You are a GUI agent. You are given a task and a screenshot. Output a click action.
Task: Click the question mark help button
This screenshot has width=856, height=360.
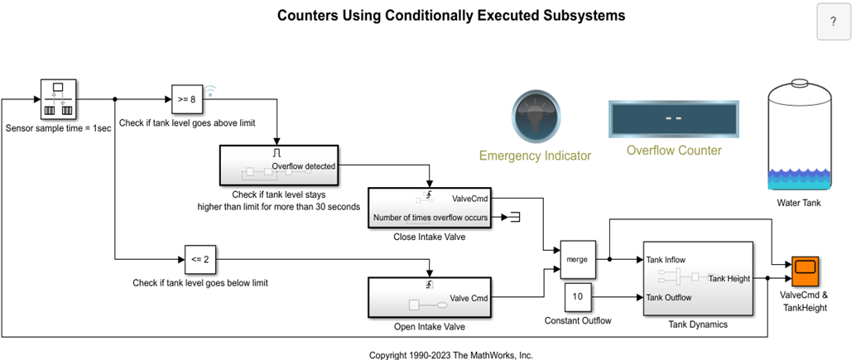coord(832,22)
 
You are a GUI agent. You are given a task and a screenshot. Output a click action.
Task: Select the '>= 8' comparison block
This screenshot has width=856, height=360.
coord(186,99)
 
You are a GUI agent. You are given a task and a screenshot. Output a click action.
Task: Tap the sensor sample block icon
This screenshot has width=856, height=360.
coord(57,99)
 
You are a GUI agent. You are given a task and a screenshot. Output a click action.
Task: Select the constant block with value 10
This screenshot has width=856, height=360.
coord(578,296)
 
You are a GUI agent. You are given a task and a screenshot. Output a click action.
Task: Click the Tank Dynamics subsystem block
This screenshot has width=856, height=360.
coord(697,278)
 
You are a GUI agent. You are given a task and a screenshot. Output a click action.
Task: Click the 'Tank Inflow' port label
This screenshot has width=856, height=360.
coord(666,259)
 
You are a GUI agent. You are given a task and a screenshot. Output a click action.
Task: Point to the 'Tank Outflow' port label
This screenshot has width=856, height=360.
coord(669,297)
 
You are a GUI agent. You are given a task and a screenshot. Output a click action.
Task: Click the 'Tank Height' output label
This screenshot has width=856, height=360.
coord(729,278)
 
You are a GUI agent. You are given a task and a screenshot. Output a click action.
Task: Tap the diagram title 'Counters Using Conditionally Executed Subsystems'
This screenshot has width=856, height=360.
coord(451,16)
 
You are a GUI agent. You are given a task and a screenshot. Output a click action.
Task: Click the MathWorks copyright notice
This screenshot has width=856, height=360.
coord(451,353)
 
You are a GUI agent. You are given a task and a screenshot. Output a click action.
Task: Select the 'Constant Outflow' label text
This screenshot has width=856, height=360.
coord(578,320)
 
